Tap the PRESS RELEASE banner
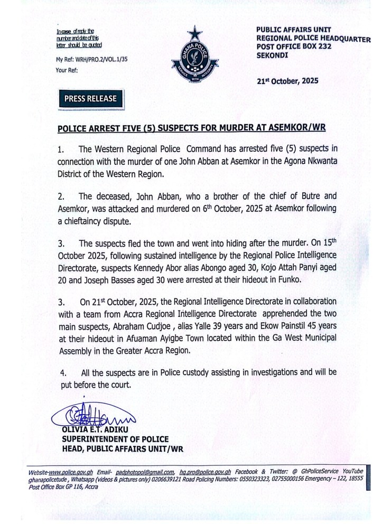click(x=90, y=98)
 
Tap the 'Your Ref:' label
click(x=67, y=69)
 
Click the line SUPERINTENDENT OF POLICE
click(x=116, y=439)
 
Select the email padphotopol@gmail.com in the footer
click(x=143, y=471)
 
